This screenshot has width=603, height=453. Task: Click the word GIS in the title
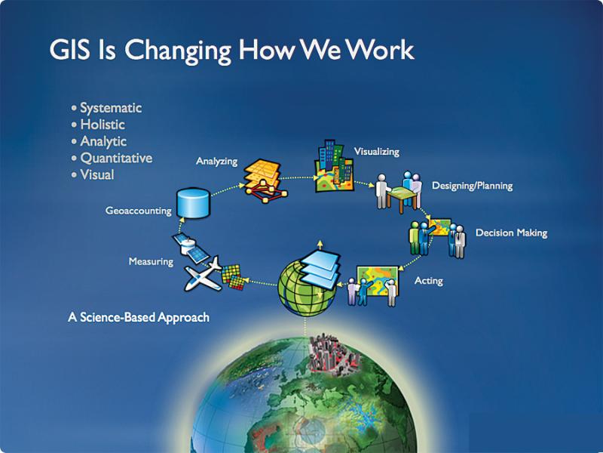coord(69,50)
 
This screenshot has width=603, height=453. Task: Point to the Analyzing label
coord(216,161)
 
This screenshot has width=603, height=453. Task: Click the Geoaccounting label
coord(139,211)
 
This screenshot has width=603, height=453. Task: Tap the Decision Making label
coord(512,233)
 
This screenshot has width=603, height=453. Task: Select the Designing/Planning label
coord(473,186)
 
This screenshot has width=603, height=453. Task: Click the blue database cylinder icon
coord(193,203)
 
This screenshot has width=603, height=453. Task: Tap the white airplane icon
coord(203,275)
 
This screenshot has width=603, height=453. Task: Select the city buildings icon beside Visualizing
coord(333,165)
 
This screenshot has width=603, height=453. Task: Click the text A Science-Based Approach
coord(139,317)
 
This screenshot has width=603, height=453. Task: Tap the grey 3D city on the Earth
coord(334,354)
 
